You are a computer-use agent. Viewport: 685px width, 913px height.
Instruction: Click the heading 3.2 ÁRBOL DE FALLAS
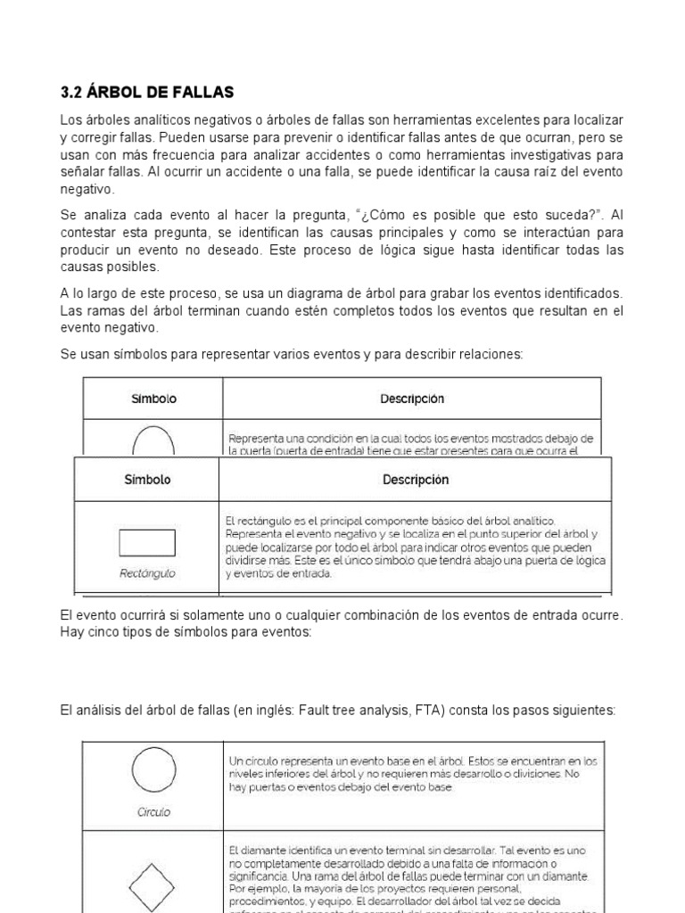[x=146, y=92]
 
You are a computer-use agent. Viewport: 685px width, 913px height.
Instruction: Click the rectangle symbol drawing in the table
[x=146, y=543]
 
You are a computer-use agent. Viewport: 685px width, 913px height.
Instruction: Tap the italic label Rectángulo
[x=147, y=573]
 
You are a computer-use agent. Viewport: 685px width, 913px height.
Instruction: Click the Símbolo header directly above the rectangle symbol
[x=147, y=480]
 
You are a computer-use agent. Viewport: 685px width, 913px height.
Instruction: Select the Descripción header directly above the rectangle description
[x=416, y=480]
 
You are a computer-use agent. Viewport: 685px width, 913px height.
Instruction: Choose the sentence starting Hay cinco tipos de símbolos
[x=186, y=631]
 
